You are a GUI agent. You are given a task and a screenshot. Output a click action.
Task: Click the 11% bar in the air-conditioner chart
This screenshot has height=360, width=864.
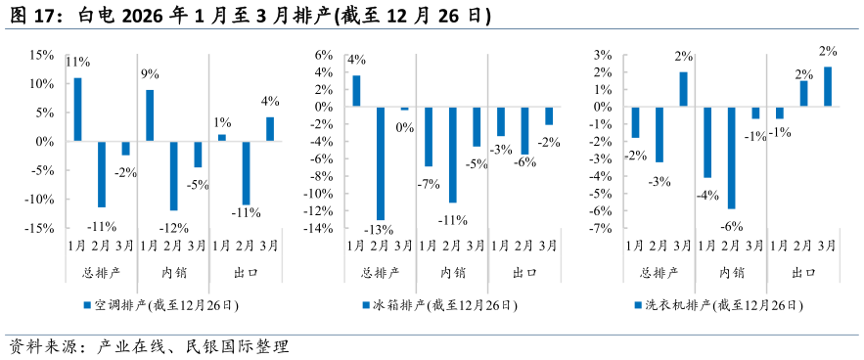[x=77, y=110]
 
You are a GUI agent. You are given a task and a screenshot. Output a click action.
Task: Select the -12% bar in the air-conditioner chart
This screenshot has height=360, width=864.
[x=173, y=176]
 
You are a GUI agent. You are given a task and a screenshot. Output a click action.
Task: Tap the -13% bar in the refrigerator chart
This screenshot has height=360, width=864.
[x=380, y=164]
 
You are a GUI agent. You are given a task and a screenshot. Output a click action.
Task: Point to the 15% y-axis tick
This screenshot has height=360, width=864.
[x=41, y=55]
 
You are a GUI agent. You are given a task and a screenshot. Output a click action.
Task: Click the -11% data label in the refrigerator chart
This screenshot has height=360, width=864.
[x=453, y=219]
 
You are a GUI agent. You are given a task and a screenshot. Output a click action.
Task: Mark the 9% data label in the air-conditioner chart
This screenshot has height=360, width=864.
[x=150, y=74]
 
